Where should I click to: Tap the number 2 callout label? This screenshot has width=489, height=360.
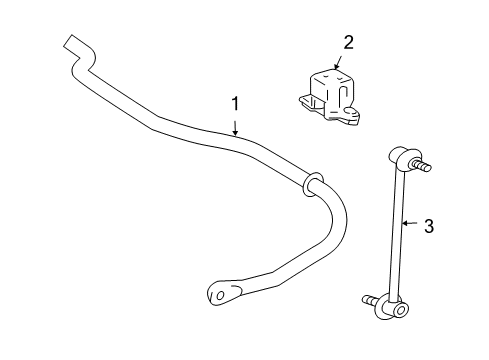pyautogui.click(x=348, y=42)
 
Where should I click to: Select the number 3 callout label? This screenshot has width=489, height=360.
pyautogui.click(x=429, y=227)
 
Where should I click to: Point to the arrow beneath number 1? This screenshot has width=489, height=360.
pyautogui.click(x=235, y=126)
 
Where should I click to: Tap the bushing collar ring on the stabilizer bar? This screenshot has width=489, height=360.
pyautogui.click(x=311, y=183)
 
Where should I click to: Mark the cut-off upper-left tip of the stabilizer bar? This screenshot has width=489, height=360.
pyautogui.click(x=71, y=43)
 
